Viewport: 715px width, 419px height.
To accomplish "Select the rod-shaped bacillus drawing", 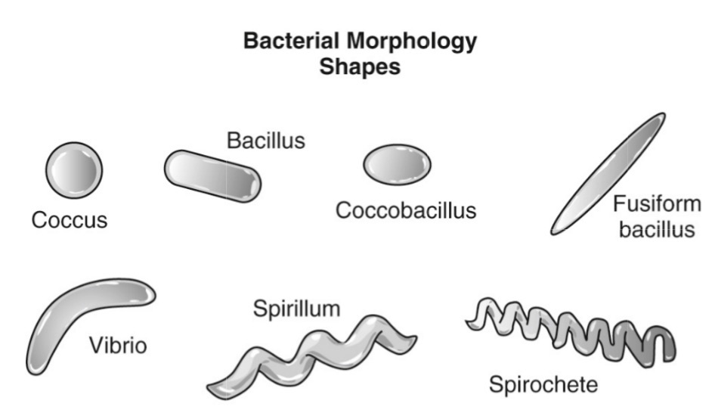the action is (212, 175).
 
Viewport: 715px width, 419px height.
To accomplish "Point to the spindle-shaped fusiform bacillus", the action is (608, 174).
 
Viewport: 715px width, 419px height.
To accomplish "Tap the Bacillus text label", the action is (265, 141).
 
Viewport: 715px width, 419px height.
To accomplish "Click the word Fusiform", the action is (654, 204).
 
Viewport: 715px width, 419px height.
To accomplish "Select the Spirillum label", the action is (296, 309).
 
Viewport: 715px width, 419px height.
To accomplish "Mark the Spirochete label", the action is (543, 384).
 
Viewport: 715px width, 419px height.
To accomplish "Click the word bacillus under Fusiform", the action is (656, 229).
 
